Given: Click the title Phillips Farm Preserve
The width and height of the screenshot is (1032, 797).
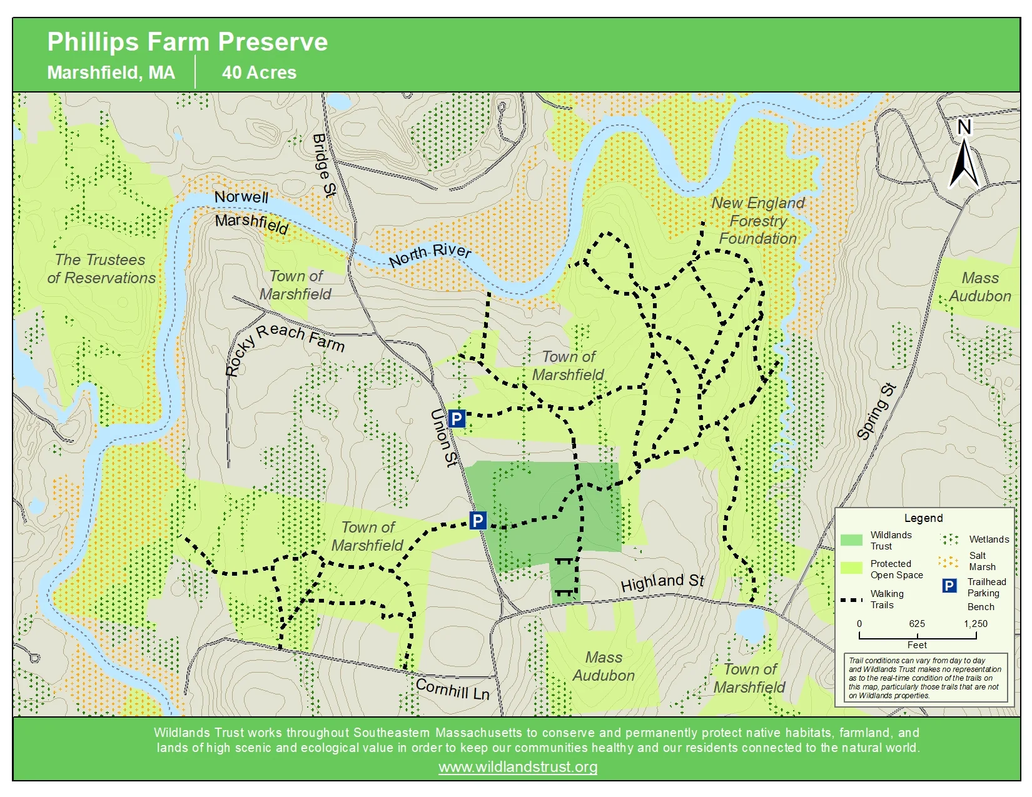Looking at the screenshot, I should pos(188,43).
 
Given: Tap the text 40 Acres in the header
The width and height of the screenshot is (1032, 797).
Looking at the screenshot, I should pos(259,73).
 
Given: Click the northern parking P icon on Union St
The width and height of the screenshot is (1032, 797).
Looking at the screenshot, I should pos(457,419).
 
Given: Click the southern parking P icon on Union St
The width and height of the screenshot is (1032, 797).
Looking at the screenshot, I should pos(478,520).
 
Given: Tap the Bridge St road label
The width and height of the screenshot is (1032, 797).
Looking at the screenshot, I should pos(323,165).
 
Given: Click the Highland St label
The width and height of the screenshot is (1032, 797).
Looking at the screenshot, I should pos(662,583).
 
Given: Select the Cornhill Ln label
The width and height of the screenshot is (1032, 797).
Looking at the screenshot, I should pos(452,689).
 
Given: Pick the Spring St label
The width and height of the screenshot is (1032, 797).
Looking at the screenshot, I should pos(876,411).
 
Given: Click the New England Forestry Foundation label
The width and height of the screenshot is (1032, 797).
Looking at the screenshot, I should pos(757,221).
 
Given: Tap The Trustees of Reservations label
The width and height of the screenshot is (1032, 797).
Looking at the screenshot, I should pos(101,269).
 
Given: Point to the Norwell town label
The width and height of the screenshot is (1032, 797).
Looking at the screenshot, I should pos(241,197).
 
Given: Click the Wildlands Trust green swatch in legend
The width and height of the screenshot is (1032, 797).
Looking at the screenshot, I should pos(851,540).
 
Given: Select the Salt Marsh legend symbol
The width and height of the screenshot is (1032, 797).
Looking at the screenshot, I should pos(948,561).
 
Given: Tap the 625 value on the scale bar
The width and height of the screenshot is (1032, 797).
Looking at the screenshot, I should pos(917,623).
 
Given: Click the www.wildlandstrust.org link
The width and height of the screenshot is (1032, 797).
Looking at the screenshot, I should pos(518,766).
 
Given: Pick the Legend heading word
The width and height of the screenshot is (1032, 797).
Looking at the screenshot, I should pos(923,518).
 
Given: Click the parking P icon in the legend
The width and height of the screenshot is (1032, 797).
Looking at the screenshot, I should pos(949,586).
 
